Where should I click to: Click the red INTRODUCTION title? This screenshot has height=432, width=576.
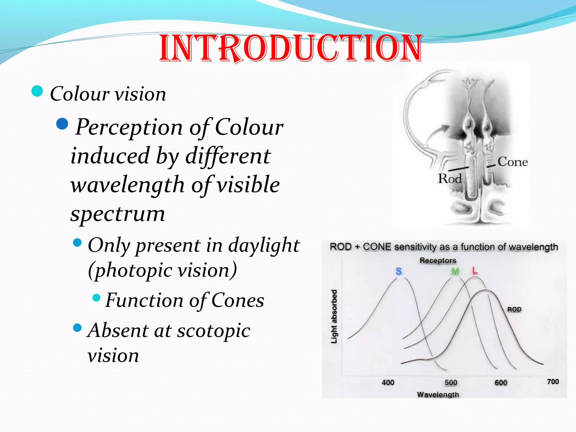pos(291,48)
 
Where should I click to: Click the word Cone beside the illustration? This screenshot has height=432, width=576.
pos(512,162)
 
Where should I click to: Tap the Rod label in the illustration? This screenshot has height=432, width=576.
pos(450,179)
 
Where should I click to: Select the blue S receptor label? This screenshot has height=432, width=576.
pos(399,271)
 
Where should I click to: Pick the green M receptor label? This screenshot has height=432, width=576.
pos(455,271)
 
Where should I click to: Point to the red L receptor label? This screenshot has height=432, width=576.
pos(475,271)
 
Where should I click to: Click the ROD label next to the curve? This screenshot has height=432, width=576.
pos(514,309)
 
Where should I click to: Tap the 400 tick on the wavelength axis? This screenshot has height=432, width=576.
pos(388,382)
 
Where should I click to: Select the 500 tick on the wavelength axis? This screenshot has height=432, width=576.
pos(451,382)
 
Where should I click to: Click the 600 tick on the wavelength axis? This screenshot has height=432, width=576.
pos(501,382)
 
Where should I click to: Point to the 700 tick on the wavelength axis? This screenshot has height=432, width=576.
pos(553,382)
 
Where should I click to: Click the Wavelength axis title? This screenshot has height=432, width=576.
pos(438,395)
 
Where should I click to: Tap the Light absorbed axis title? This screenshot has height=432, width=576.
pos(334,316)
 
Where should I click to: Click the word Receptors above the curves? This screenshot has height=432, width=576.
pos(438,260)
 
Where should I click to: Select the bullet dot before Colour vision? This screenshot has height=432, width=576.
pos(37,91)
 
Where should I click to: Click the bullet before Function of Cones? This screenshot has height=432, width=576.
pos(96,298)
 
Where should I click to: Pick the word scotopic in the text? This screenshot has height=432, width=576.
pos(213,331)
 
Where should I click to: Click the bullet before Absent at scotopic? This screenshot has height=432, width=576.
pos(77,328)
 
